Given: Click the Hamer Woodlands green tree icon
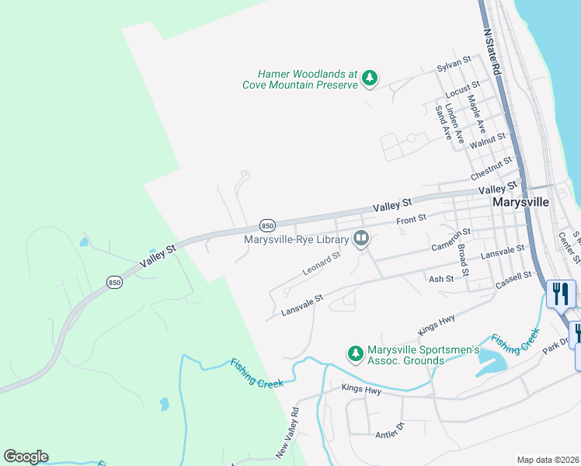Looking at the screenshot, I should pos(370,78).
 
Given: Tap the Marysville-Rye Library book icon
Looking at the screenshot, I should pos(360,238).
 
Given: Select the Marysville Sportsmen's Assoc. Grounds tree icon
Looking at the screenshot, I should pos(355,353).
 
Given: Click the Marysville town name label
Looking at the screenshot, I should pos(520,201).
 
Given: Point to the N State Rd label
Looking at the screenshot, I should pos(492,53).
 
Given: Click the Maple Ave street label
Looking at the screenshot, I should pos(475,113).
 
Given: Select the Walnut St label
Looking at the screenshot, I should pos(488,140).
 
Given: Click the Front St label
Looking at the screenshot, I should pos(412,221).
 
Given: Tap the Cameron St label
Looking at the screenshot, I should pos(451,241).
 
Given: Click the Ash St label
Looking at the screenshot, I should pos(440,279).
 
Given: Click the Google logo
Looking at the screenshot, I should pos(26,457).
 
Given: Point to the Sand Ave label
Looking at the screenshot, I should pos(443,123).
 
